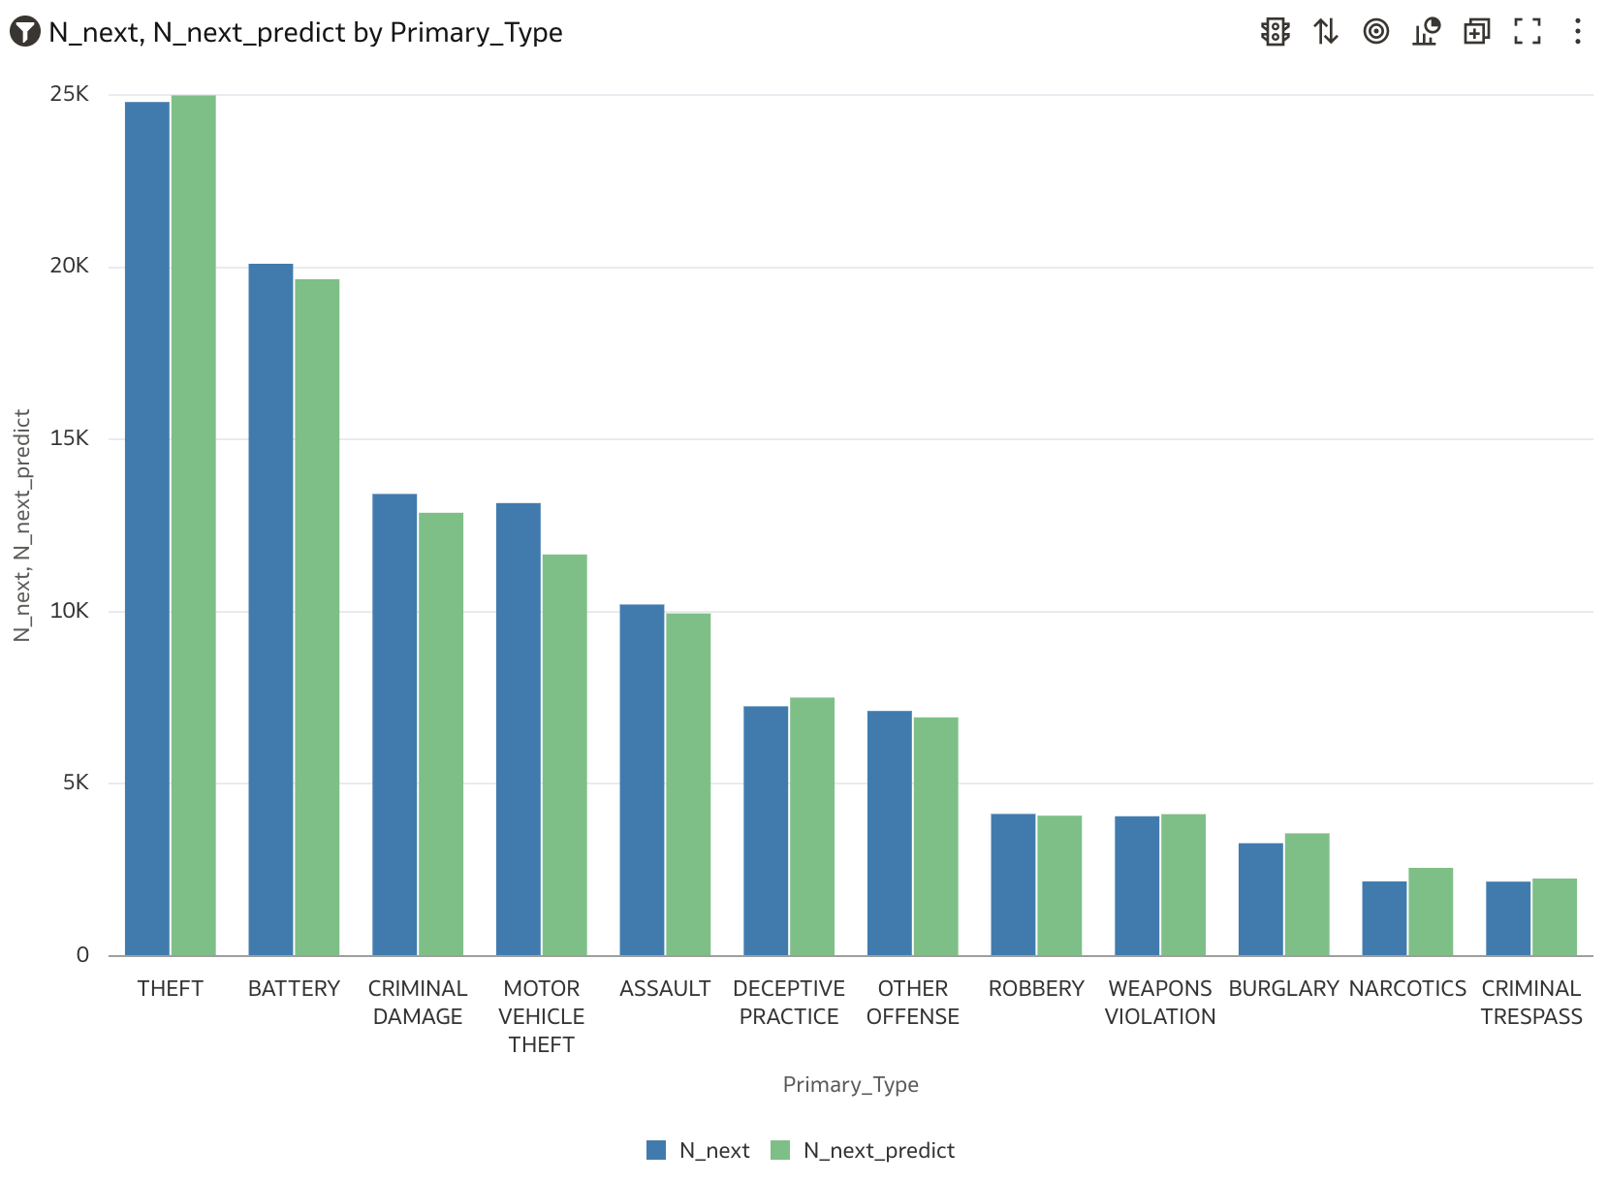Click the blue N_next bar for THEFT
click(147, 528)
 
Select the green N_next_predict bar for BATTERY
click(317, 617)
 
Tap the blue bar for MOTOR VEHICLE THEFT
click(519, 729)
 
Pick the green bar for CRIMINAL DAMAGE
click(441, 734)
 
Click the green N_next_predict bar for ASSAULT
click(688, 784)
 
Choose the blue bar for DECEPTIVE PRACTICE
click(766, 831)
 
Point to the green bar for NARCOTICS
click(1431, 911)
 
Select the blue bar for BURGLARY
click(1261, 899)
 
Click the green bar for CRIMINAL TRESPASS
click(1555, 917)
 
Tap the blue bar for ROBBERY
click(1013, 884)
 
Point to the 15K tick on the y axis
click(69, 438)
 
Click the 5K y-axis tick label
click(76, 783)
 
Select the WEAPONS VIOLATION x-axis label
click(1160, 1002)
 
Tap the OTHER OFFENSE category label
click(912, 1002)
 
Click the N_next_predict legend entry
click(878, 1150)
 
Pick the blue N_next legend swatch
click(656, 1150)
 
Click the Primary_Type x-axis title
click(850, 1084)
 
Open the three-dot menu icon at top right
click(1577, 32)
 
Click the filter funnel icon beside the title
click(24, 32)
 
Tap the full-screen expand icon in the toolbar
click(1527, 32)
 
